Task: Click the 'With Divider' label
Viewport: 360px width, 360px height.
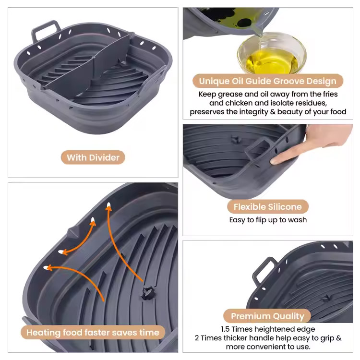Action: [x=93, y=157]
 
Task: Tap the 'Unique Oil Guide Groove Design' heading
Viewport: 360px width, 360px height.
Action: [x=268, y=81]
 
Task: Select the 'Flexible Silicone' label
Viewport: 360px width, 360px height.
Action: [x=268, y=206]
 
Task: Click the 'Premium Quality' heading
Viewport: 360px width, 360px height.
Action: [x=267, y=316]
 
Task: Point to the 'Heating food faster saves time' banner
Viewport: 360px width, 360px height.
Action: [x=93, y=333]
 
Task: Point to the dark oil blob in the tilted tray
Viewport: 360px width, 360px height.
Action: [x=244, y=23]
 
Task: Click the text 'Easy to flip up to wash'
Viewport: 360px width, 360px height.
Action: [x=268, y=220]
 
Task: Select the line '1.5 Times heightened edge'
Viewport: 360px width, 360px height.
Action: [x=268, y=329]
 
